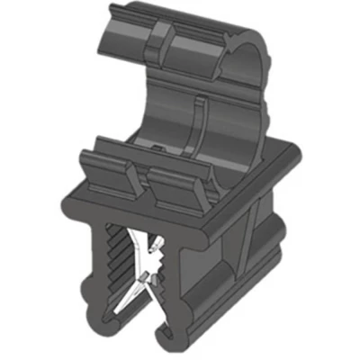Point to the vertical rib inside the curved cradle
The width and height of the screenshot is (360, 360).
coord(198,121)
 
